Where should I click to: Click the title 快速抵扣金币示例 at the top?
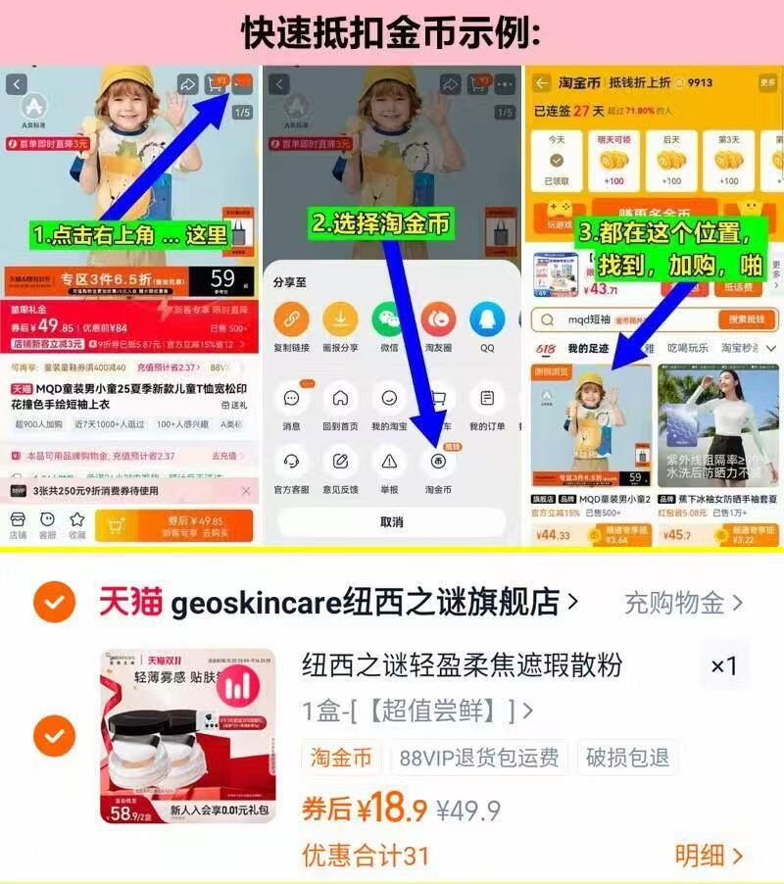pyautogui.click(x=391, y=31)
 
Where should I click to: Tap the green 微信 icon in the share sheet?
pyautogui.click(x=388, y=319)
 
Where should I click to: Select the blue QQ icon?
pyautogui.click(x=486, y=319)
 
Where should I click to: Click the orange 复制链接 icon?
pyautogui.click(x=290, y=319)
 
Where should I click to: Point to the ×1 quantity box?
pyautogui.click(x=723, y=666)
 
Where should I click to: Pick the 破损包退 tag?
pyautogui.click(x=627, y=758)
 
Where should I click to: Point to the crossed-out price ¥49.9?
pyautogui.click(x=468, y=810)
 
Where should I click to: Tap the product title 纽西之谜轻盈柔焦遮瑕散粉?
pyautogui.click(x=462, y=665)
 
